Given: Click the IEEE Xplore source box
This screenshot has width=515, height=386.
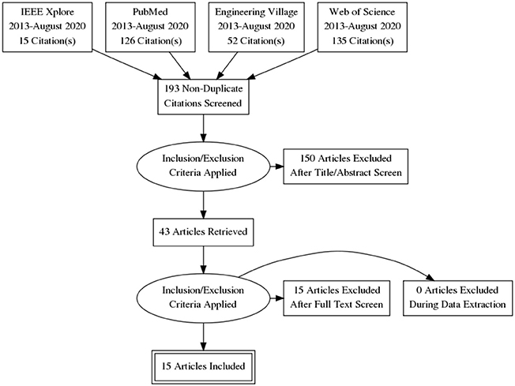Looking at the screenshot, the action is tap(47, 27).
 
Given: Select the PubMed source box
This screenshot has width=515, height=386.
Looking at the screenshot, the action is tap(150, 27).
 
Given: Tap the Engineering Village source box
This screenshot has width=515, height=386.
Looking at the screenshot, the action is tap(256, 27).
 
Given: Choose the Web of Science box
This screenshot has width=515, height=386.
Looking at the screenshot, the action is tap(363, 27).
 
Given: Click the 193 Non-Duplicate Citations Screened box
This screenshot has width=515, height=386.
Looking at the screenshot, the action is tap(203, 96).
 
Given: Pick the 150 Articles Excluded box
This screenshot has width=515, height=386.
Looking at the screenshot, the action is tap(345, 167).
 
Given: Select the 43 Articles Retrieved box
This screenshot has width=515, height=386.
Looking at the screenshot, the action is tap(203, 232).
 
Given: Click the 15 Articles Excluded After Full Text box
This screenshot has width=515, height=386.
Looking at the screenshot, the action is tap(336, 298).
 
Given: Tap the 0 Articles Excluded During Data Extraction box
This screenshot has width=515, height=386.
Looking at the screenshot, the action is tap(457, 298).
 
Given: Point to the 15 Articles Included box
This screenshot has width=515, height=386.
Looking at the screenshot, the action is tap(203, 366).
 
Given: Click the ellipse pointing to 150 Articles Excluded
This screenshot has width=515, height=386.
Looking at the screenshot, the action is tap(203, 167).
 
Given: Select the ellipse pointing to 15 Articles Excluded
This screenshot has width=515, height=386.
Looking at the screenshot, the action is tap(203, 298).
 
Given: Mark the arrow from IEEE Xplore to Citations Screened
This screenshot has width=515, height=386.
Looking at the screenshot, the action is tap(127, 65).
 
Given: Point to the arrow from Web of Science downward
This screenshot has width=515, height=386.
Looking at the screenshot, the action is tap(283, 65).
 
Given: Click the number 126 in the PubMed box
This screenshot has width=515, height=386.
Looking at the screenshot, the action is tap(128, 41).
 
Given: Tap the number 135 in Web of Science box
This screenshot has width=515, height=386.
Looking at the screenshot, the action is tap(340, 41).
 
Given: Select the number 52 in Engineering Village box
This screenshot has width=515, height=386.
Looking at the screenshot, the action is tap(232, 41).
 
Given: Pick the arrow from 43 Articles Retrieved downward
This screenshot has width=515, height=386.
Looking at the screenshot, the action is tap(203, 260).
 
